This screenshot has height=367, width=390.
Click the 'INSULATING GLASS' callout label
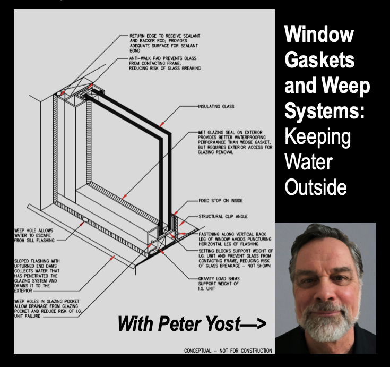[216, 106]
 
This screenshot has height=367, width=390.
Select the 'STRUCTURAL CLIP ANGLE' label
[222, 217]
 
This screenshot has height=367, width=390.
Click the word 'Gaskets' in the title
[320, 59]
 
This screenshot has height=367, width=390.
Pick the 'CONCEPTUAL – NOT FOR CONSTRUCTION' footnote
[228, 351]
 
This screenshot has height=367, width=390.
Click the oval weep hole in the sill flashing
[85, 218]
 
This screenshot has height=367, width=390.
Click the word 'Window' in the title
[319, 36]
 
